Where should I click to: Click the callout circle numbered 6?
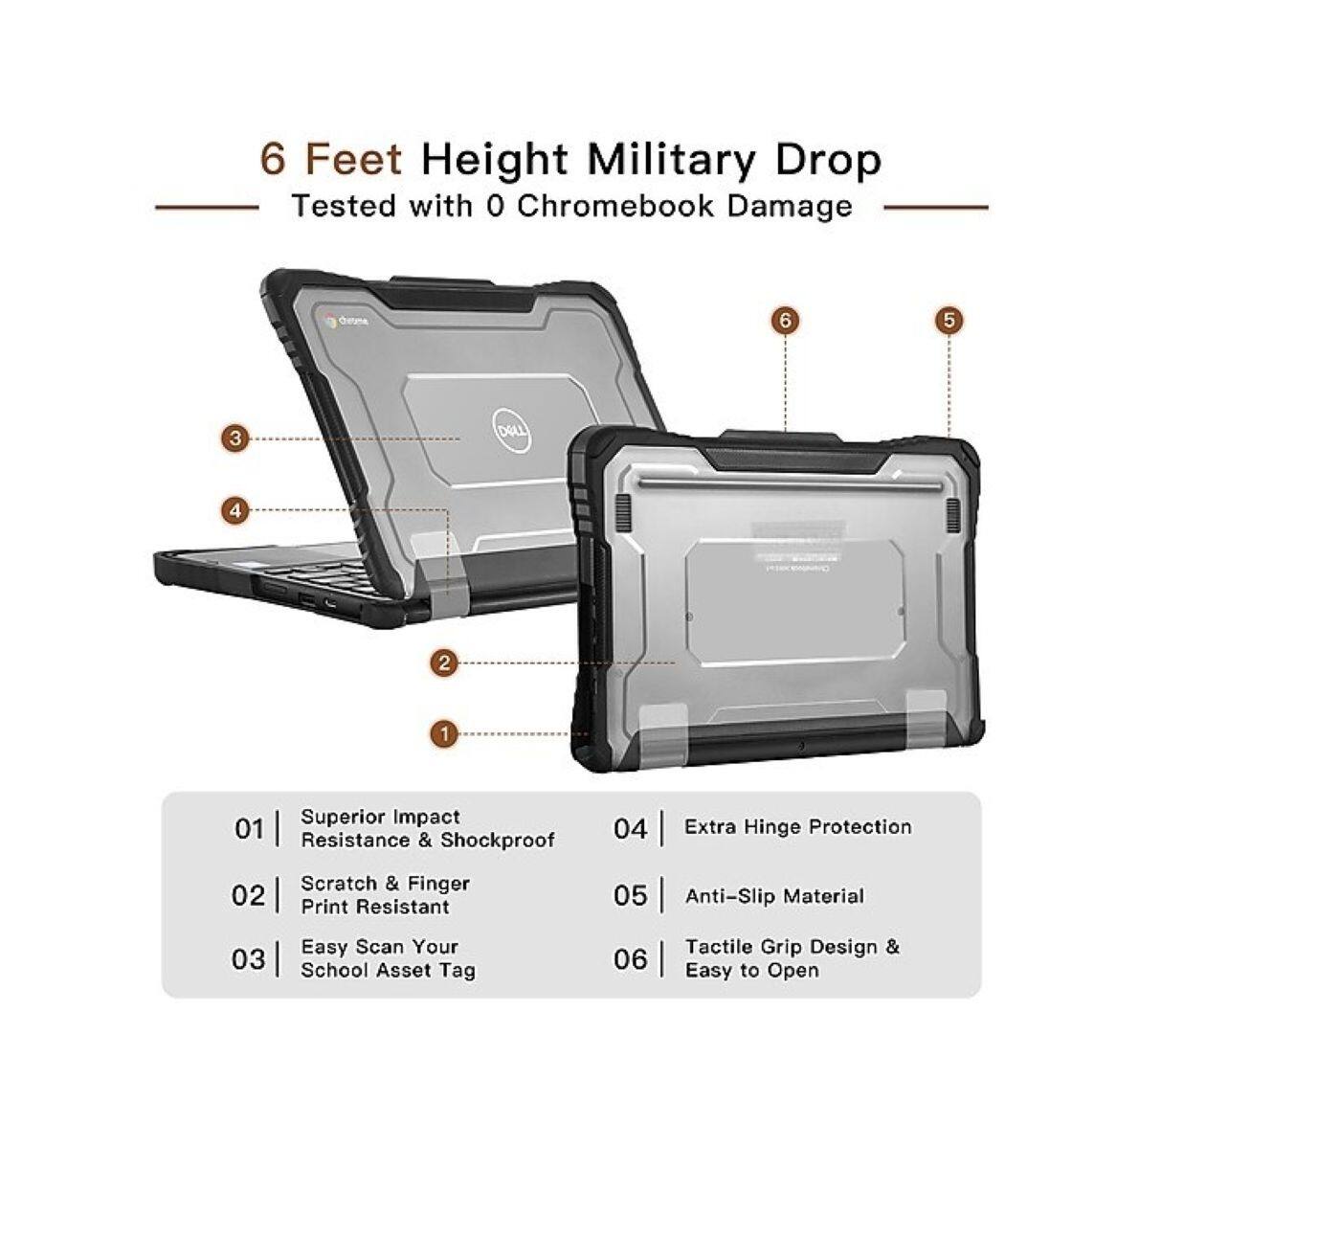tap(785, 321)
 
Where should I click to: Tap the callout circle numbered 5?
tap(949, 321)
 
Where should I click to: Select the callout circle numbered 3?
tap(235, 439)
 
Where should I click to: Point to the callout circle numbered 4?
tap(235, 510)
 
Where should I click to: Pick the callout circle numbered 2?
tap(443, 662)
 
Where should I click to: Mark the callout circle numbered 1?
tap(443, 734)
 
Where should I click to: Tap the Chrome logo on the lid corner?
tap(331, 321)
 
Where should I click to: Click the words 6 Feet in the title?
tap(330, 159)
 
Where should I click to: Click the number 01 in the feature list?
tap(249, 829)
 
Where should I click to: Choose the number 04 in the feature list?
tap(631, 829)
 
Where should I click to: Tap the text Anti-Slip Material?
tap(774, 897)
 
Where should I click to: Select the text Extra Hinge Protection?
tap(797, 827)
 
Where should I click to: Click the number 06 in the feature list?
tap(631, 959)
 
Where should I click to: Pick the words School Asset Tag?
tap(388, 971)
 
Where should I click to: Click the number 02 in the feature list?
tap(248, 896)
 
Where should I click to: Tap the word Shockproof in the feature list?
tap(498, 841)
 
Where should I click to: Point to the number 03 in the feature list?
tap(248, 959)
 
